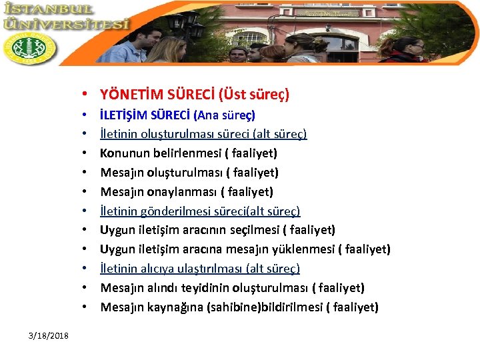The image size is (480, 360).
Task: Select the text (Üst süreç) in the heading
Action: point(255,95)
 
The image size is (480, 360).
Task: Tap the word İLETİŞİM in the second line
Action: point(125,115)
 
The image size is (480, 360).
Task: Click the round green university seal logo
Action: point(29,48)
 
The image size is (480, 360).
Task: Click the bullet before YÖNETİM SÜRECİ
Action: point(88,95)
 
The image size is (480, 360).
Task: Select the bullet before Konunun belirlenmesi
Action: point(88,153)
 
